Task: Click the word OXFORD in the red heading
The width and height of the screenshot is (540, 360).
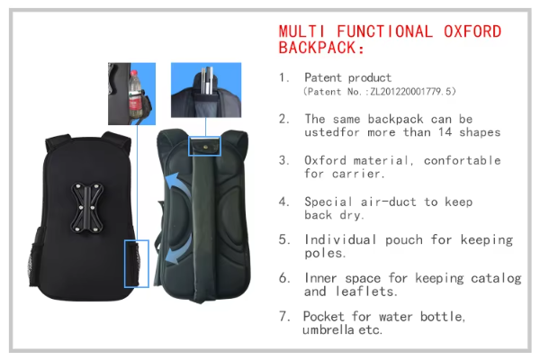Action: click(472, 31)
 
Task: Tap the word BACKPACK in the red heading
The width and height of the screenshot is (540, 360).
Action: click(317, 48)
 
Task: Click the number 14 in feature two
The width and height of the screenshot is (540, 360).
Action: click(445, 132)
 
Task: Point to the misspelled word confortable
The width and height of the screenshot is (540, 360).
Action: click(463, 160)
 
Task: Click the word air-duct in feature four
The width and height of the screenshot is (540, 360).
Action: click(389, 202)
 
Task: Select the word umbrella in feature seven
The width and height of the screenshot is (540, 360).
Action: click(328, 329)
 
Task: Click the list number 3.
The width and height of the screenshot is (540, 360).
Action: click(283, 160)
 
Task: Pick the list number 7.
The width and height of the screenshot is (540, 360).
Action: click(283, 316)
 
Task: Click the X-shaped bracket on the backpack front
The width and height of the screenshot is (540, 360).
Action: click(86, 207)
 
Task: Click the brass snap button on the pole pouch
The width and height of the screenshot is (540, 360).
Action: click(205, 147)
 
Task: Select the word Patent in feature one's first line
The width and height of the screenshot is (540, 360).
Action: click(318, 77)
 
